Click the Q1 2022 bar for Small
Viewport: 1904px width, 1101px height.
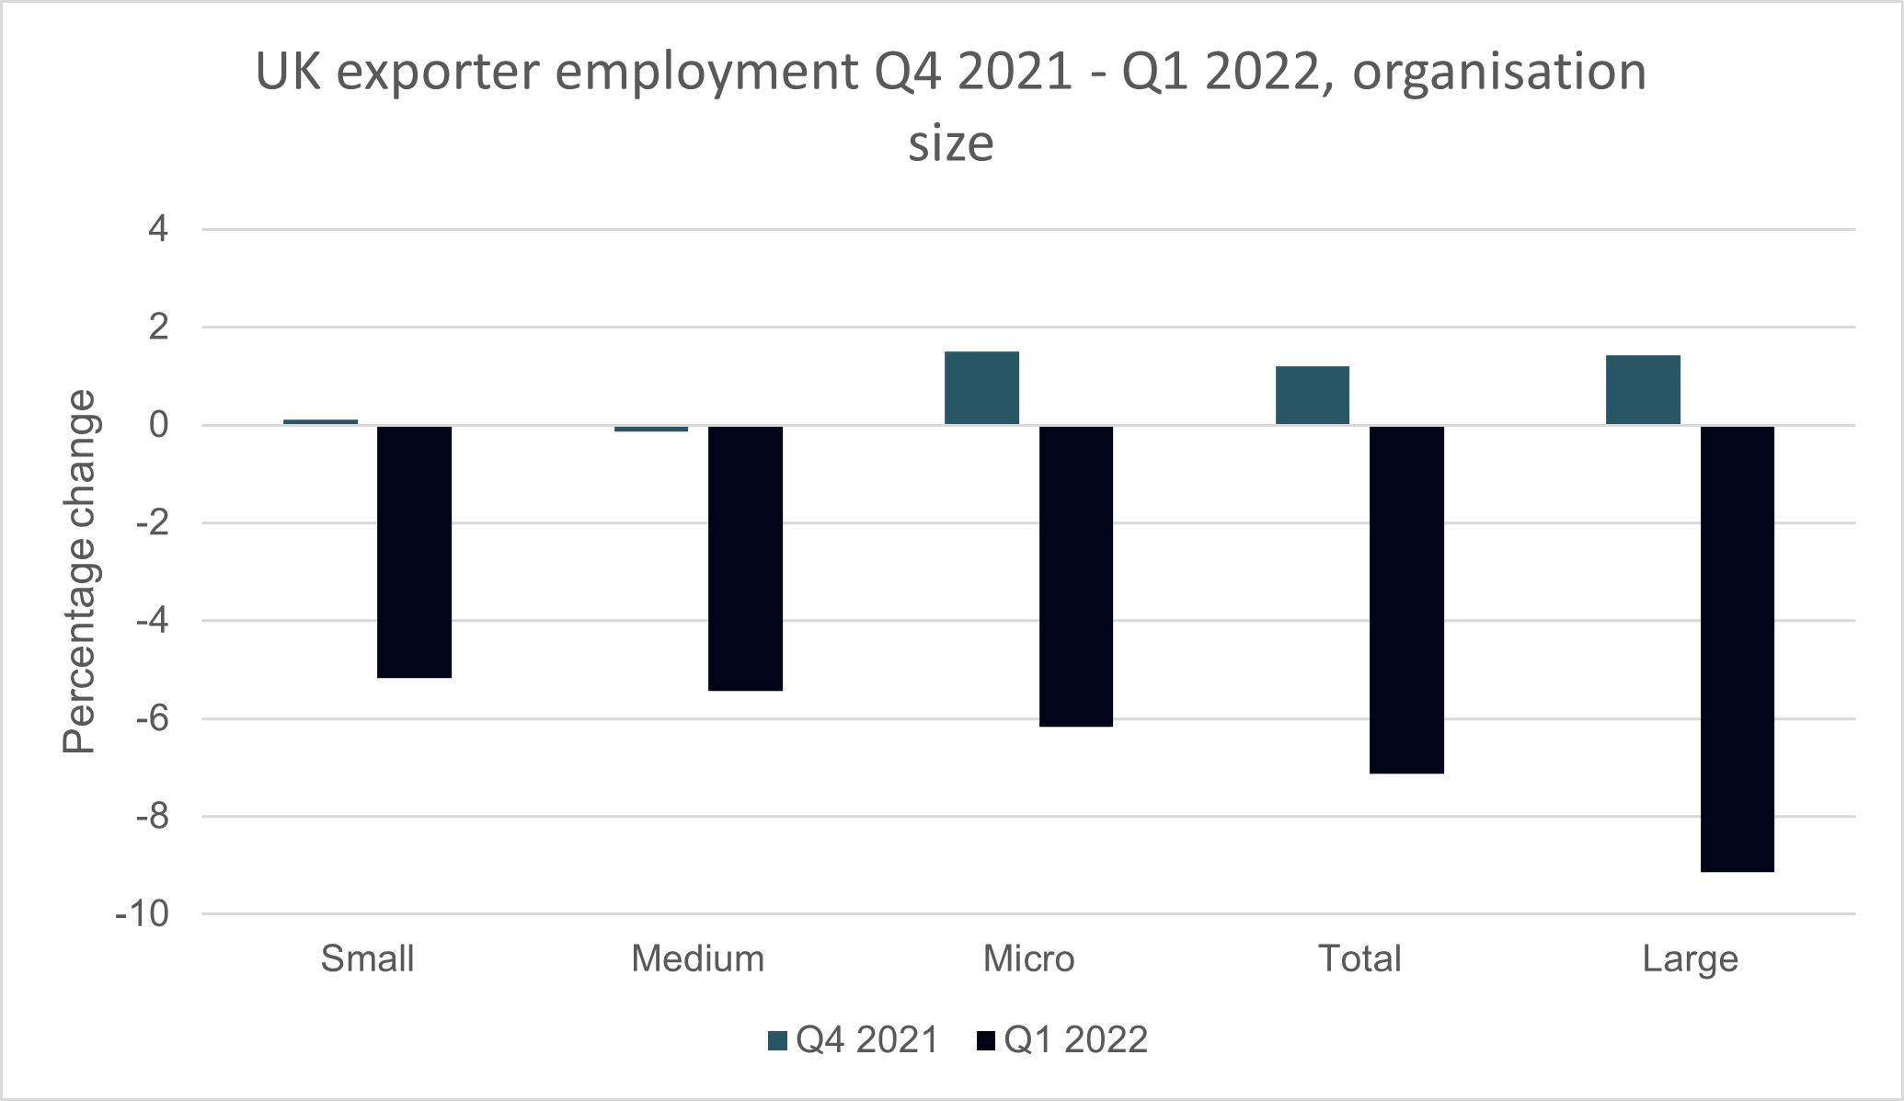415,552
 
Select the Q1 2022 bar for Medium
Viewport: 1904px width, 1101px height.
745,558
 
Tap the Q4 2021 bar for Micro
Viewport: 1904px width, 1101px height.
981,388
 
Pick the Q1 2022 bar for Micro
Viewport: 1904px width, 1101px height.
1076,576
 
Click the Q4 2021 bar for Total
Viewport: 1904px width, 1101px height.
1313,396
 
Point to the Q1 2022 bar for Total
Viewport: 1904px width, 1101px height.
1406,600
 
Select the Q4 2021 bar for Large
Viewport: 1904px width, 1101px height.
1643,390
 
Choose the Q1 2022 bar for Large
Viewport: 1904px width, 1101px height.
1738,648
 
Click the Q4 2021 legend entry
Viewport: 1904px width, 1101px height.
854,1040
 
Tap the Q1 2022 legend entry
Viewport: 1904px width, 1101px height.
1062,1040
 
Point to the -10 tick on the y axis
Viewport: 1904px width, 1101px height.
143,914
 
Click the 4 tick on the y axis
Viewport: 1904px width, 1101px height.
158,229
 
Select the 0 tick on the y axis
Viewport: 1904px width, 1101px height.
158,425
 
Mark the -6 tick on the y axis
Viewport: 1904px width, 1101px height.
151,718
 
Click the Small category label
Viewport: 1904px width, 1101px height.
367,958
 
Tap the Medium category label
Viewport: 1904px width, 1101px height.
698,958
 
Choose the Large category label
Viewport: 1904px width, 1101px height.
1691,958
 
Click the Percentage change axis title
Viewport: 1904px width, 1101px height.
80,571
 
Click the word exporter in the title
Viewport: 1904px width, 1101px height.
441,72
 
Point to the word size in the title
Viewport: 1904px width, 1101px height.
951,143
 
